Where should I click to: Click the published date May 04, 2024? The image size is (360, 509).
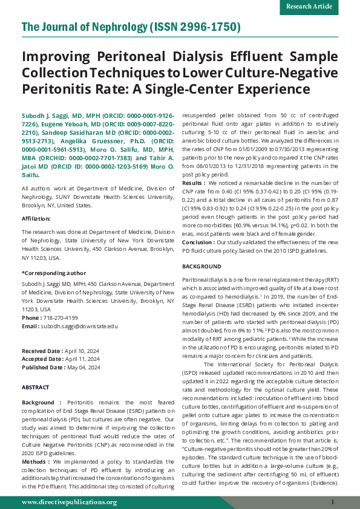pyautogui.click(x=83, y=367)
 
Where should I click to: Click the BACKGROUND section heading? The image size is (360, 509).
pyautogui.click(x=203, y=267)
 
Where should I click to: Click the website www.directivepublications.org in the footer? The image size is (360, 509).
pyautogui.click(x=68, y=502)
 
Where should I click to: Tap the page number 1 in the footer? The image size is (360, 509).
pyautogui.click(x=333, y=502)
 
